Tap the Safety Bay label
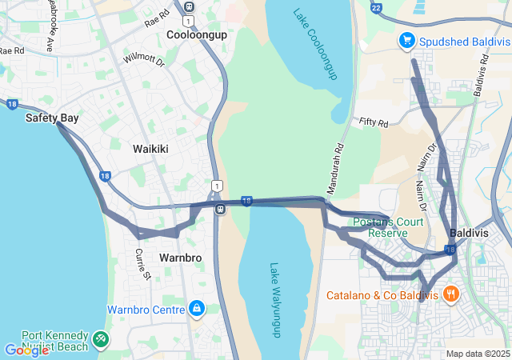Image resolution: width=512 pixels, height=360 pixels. tap(52, 118)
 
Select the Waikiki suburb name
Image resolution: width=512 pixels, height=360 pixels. tap(150, 149)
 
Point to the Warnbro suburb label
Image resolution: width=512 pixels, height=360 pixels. tap(180, 258)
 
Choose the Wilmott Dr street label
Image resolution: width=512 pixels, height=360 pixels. tap(143, 58)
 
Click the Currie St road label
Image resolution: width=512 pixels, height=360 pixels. tap(142, 265)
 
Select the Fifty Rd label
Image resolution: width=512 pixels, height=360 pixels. tap(373, 123)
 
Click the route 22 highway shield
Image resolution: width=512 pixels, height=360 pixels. tap(377, 7)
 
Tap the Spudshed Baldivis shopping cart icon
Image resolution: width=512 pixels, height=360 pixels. tap(406, 39)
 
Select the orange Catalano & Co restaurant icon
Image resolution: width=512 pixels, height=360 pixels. tap(451, 294)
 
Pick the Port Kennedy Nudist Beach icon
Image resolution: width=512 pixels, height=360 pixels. tap(102, 338)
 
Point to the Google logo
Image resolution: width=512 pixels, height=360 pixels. tap(26, 350)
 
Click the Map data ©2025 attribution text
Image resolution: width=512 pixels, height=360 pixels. tap(478, 354)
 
